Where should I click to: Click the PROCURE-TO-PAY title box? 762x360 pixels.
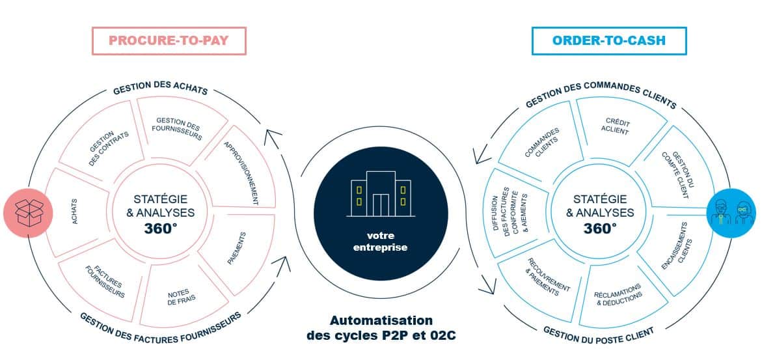coord(169,40)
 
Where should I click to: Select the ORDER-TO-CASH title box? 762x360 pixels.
coord(608,40)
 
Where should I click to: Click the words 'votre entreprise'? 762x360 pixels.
coord(380,242)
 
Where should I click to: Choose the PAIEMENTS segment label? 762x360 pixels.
coord(236,249)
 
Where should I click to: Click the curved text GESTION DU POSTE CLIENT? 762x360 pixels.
coord(599,333)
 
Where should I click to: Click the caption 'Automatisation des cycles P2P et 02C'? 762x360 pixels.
coord(381,328)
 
